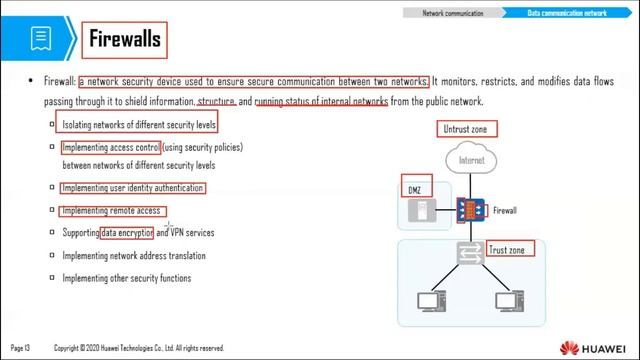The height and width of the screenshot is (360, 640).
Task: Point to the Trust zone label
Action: tap(510, 248)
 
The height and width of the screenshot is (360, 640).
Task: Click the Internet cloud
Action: tap(471, 162)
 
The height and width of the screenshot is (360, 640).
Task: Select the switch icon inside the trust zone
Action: tap(470, 254)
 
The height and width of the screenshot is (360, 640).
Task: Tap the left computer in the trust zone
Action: tap(430, 301)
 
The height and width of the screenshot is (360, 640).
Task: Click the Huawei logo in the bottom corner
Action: tap(596, 347)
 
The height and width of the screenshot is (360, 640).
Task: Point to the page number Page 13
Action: tap(21, 347)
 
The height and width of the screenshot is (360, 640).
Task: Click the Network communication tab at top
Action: tap(452, 13)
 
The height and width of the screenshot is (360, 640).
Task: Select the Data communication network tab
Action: tap(567, 13)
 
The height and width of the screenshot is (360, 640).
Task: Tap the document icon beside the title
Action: tap(41, 39)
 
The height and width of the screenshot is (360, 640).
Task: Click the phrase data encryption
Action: tap(127, 233)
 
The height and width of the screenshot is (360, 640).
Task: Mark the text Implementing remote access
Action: tap(111, 211)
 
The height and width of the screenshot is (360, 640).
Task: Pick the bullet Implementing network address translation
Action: tap(134, 256)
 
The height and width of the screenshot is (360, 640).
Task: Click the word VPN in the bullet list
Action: tap(178, 233)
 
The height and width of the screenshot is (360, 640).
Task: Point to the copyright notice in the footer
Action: tap(139, 347)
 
